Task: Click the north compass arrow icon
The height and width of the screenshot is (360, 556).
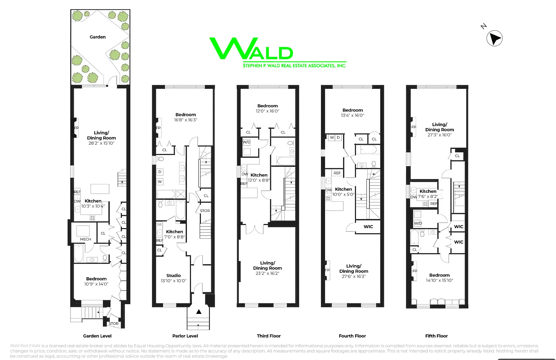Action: (494, 38)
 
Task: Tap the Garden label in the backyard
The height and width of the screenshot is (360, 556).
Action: (97, 37)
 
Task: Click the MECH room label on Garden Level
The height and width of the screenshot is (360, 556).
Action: (86, 239)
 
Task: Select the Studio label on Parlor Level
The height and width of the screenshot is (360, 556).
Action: (174, 275)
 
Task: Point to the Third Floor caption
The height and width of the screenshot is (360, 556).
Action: (268, 336)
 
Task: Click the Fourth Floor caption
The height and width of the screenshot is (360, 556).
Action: (352, 336)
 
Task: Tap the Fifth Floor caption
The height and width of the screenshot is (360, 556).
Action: (436, 336)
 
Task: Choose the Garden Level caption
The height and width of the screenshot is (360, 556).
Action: (97, 336)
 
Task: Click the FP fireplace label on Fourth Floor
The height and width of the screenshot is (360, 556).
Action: (327, 270)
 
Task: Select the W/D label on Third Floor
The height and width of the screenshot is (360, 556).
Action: (247, 142)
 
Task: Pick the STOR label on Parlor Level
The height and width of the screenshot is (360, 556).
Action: (205, 211)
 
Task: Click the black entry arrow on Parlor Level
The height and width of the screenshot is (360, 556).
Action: (199, 312)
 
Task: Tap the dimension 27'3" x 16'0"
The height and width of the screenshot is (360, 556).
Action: (439, 135)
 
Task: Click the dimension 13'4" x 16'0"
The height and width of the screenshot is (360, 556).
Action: (352, 115)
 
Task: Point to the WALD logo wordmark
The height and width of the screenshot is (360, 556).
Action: (251, 49)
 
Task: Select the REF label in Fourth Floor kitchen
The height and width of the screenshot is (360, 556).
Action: (337, 173)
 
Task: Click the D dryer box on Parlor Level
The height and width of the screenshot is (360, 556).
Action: (160, 172)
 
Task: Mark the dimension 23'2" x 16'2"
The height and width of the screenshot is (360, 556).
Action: (267, 273)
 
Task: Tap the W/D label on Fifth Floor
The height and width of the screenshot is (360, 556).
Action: (418, 223)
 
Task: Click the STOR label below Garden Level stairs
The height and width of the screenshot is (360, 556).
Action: (114, 324)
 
